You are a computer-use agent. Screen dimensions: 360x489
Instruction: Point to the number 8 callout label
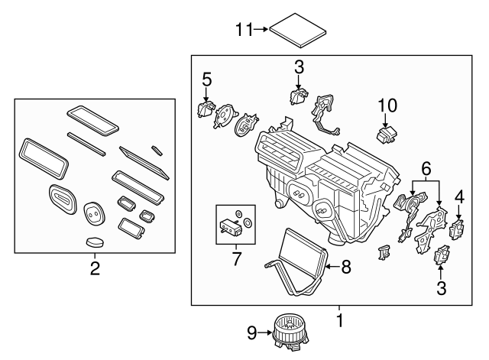(x=346, y=266)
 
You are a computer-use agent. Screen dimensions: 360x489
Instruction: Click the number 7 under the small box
(x=236, y=259)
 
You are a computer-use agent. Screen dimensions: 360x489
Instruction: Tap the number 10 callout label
(x=387, y=104)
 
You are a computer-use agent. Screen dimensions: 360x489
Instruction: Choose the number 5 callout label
(x=206, y=78)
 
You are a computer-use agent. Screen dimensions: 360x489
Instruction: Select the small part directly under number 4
(x=458, y=229)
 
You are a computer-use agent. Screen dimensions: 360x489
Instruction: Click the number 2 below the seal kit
(x=95, y=268)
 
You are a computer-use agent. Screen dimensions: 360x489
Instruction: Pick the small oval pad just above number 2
(x=95, y=242)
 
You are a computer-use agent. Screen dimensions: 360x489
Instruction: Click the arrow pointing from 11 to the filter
(x=261, y=30)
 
